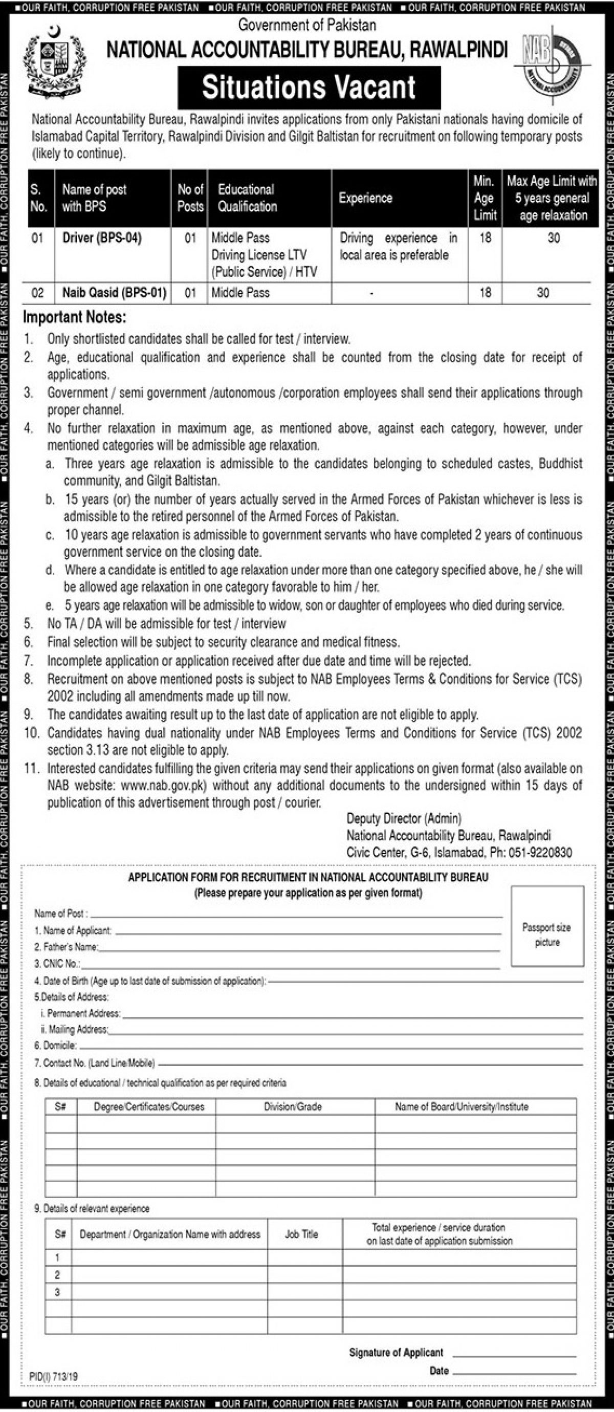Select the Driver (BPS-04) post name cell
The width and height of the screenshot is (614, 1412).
[102, 238]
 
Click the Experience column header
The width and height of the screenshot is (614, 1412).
[365, 198]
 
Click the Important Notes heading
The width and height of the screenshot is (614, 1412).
[75, 317]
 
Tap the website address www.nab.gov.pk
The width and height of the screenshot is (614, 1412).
[163, 786]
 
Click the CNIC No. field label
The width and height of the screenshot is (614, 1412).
[57, 964]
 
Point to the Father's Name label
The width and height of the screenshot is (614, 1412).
[67, 947]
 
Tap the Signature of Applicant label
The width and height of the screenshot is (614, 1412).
[396, 1348]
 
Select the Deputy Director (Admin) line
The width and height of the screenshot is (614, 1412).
[404, 818]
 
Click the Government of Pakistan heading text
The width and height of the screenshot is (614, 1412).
[307, 25]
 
